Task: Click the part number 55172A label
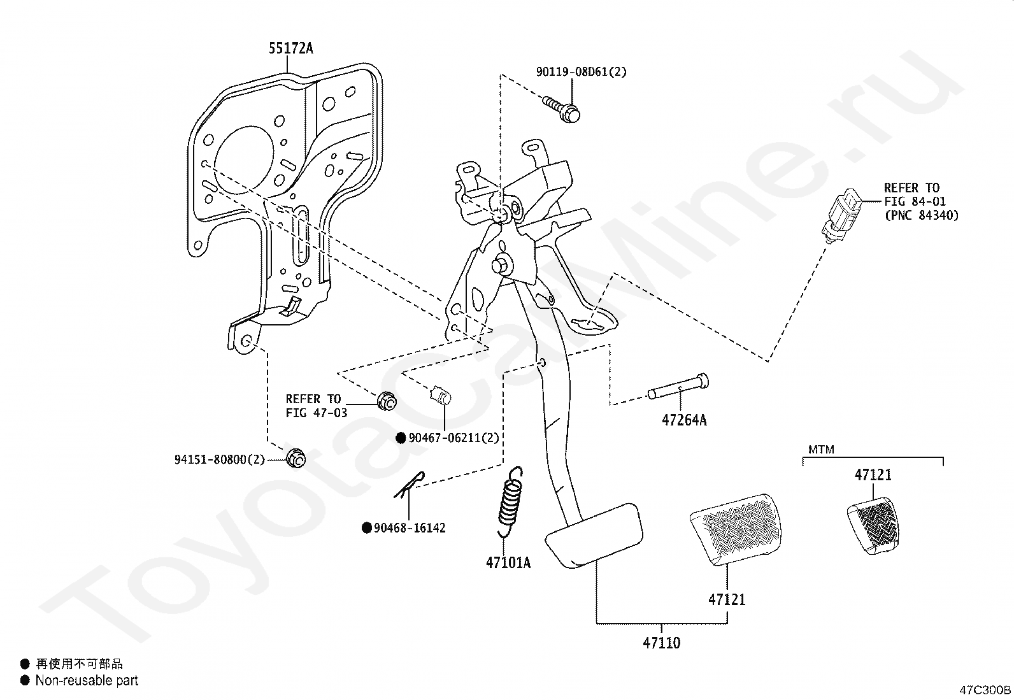[x=290, y=48]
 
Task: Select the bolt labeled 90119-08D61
[x=563, y=109]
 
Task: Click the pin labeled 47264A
[x=678, y=387]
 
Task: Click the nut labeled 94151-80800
[x=295, y=458]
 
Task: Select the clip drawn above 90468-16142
[x=408, y=484]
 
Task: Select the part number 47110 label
[x=661, y=643]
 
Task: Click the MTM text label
[x=821, y=450]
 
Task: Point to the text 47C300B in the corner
[x=985, y=690]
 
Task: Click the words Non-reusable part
[x=87, y=681]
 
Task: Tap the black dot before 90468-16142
[x=367, y=528]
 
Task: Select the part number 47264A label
[x=684, y=420]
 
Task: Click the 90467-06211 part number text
[x=453, y=438]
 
